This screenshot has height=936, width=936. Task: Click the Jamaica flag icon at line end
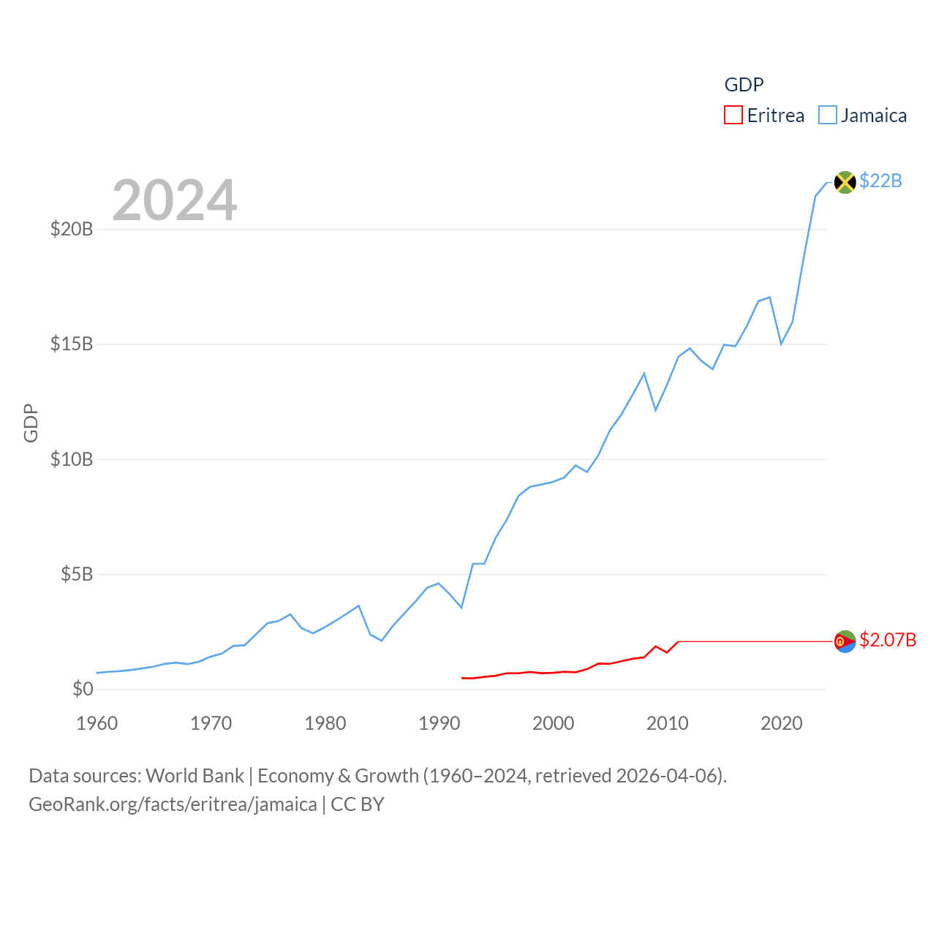[x=845, y=182]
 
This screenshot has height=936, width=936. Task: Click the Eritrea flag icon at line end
[x=845, y=641]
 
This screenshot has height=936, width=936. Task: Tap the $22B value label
[x=880, y=181]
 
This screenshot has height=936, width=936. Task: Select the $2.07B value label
[x=888, y=640]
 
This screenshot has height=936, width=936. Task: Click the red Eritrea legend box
[x=733, y=116]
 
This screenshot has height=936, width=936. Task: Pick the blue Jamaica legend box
[x=827, y=116]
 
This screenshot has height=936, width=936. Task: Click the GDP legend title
[x=744, y=85]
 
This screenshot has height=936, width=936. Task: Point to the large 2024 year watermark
[x=175, y=200]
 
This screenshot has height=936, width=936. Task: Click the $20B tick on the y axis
[x=72, y=229]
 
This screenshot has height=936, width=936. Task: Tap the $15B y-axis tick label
[x=72, y=344]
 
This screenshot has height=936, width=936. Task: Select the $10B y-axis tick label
[x=72, y=459]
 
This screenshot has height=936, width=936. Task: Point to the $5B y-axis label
[x=77, y=574]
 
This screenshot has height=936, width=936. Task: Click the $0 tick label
[x=83, y=689]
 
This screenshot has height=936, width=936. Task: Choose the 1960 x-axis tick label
[x=97, y=723]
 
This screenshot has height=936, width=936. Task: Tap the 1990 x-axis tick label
[x=439, y=723]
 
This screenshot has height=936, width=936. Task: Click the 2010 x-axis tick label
[x=668, y=723]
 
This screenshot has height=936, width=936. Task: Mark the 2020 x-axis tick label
[x=782, y=723]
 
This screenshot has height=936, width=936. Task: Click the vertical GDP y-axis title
[x=31, y=423]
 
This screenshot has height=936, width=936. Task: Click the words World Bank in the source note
[x=195, y=775]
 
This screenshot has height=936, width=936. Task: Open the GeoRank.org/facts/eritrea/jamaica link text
[x=173, y=804]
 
